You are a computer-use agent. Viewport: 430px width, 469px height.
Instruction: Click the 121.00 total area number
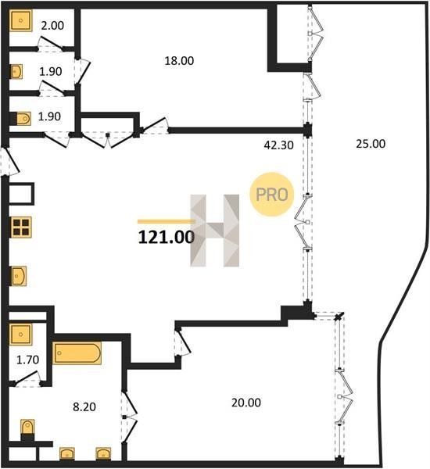coord(167,238)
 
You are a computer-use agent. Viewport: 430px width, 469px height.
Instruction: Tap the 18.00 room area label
coord(179,61)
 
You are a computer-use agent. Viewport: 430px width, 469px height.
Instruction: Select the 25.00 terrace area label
coord(371,144)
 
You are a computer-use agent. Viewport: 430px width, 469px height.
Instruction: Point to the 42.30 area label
coord(279,145)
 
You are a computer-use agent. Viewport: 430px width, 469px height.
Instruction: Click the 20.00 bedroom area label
coord(246,403)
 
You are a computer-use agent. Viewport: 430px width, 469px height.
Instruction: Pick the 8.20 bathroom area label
coord(84,406)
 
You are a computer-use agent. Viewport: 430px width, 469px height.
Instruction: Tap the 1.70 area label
coord(27,360)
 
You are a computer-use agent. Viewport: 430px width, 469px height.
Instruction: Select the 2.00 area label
coord(52,26)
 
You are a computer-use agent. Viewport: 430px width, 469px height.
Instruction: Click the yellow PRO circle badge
coord(272,195)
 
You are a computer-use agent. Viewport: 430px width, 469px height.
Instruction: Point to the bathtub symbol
coord(77,353)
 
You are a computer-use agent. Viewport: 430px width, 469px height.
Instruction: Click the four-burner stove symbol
coord(21,227)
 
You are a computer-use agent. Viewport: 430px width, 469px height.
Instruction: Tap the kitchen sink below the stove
coord(19,276)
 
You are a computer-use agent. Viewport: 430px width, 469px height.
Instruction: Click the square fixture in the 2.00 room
coord(20,20)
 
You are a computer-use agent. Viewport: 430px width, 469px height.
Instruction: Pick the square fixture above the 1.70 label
coord(20,335)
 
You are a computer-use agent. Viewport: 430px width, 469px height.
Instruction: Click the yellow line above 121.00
coord(166,222)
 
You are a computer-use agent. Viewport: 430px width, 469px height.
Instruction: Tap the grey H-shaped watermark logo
coord(215,231)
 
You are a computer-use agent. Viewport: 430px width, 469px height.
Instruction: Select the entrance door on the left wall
coord(10,162)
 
